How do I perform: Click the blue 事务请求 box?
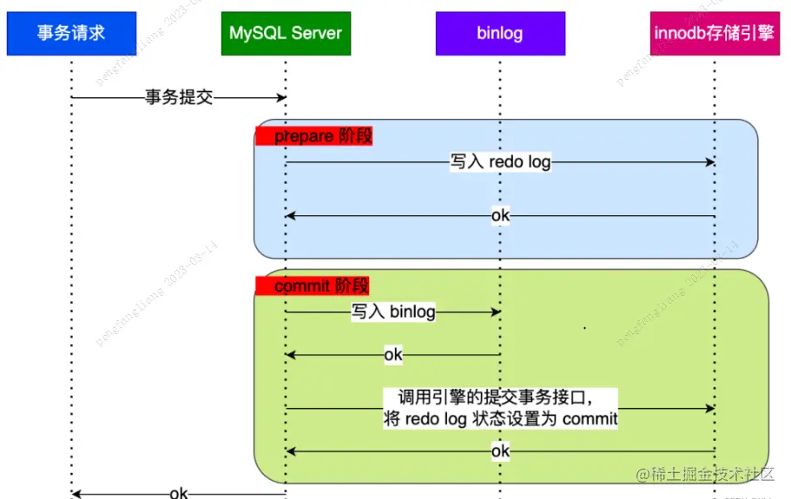pos(71,34)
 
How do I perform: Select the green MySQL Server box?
pos(286,34)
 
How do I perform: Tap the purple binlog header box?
pos(500,34)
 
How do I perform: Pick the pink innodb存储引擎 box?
pos(715,34)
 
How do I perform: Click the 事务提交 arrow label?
pos(179,98)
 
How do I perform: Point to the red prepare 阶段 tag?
pos(314,136)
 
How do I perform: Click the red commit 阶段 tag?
pos(313,286)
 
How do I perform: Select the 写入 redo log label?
pos(500,162)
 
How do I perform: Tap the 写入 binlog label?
pos(393,312)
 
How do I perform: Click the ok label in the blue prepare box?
pos(500,215)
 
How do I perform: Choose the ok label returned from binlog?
pos(393,354)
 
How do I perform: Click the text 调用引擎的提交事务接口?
pos(496,398)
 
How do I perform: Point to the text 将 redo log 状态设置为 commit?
pos(500,419)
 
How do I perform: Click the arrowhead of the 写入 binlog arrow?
pos(496,312)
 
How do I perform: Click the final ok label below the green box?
pos(179,493)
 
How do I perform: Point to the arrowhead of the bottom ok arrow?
pos(76,494)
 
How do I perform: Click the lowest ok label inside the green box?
pos(500,451)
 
